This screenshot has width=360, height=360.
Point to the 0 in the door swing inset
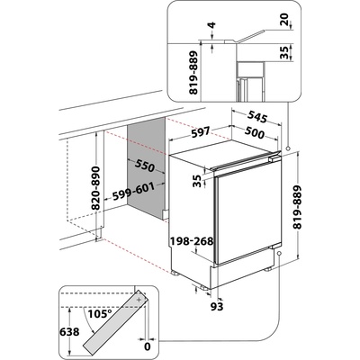click(x=145, y=345)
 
